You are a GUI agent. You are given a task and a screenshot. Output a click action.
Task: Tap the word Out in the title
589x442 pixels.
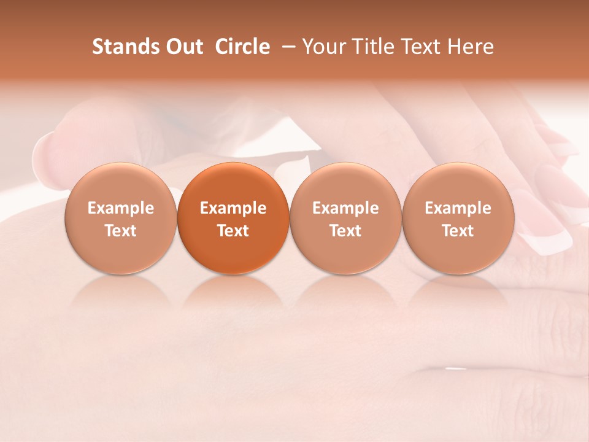[x=183, y=47]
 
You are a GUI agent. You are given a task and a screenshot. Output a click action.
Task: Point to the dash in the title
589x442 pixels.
[x=287, y=47]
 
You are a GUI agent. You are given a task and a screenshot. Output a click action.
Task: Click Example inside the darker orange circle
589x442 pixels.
[x=233, y=208]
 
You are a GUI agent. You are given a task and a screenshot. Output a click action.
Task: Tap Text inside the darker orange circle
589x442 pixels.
[x=233, y=231]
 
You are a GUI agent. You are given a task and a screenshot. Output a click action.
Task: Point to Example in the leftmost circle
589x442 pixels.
[x=121, y=208]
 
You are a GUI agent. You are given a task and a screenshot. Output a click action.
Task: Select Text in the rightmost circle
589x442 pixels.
[x=458, y=231]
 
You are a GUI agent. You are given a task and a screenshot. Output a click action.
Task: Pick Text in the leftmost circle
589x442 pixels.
[x=121, y=231]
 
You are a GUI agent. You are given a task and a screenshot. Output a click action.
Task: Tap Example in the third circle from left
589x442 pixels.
[x=345, y=208]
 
